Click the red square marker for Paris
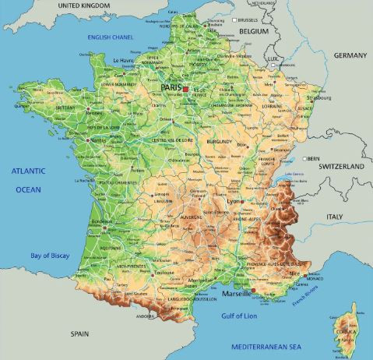pos(186,90)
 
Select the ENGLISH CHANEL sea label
pos(112,36)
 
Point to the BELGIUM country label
pos(253,31)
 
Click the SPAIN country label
pos(80,333)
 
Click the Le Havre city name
pos(125,60)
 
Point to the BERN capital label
pos(315,158)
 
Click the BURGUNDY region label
pos(220,142)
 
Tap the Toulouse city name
pos(164,274)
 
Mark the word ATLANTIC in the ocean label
pos(27,171)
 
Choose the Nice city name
pos(293,274)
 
